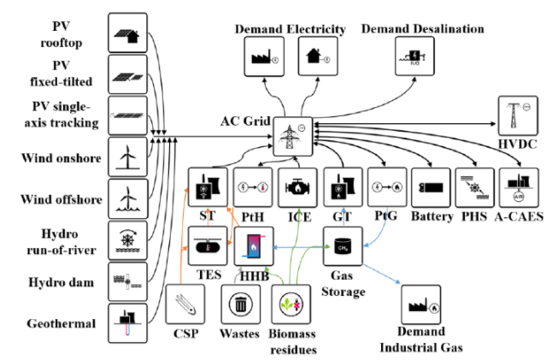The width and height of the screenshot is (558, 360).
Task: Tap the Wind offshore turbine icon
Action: tap(126, 199)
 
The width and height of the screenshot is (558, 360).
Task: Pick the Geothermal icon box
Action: tap(126, 324)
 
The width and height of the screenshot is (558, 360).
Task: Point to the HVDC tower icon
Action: tap(516, 115)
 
